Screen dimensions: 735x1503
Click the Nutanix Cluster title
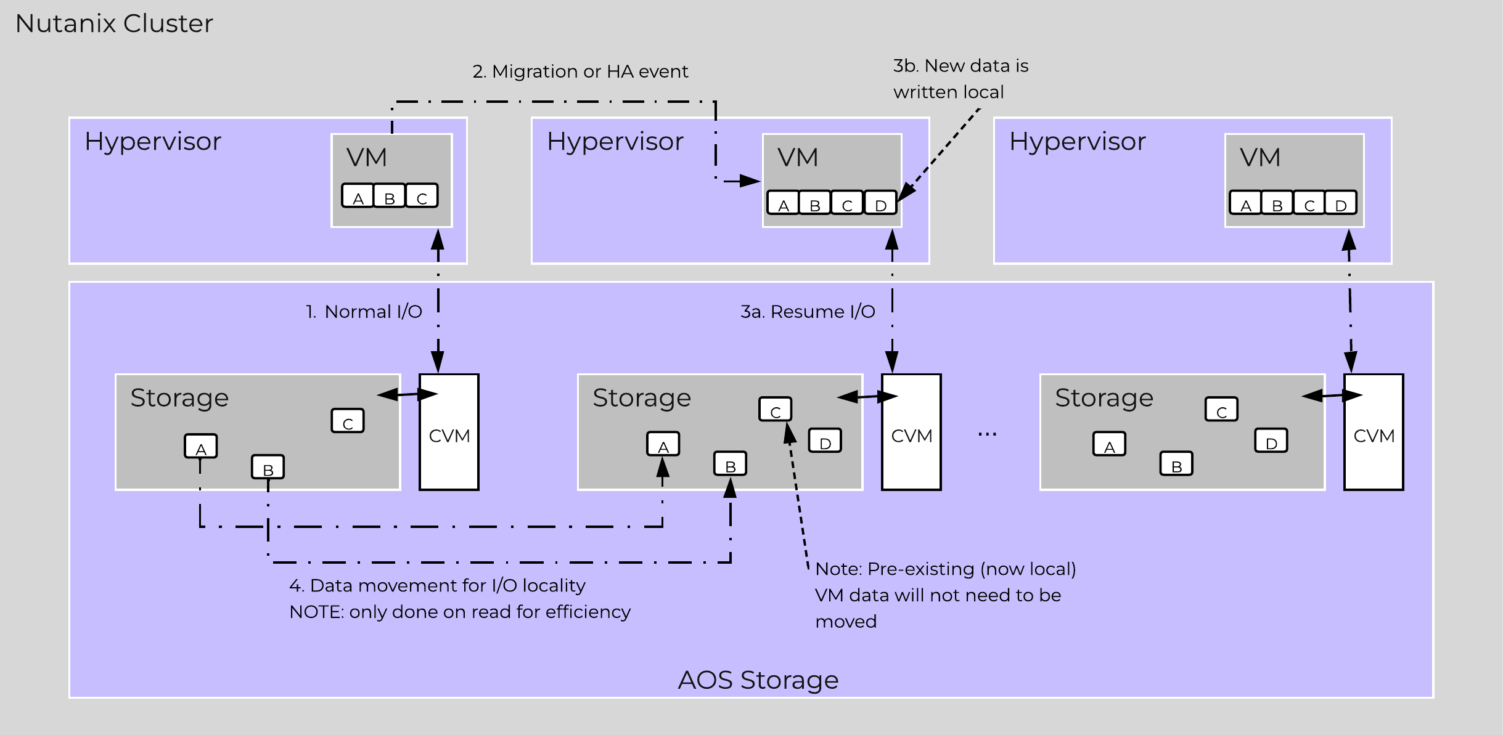point(114,23)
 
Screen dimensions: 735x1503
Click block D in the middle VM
point(880,203)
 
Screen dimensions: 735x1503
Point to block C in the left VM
point(422,196)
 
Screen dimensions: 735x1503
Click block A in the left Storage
point(201,447)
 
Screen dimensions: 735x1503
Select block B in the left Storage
point(268,467)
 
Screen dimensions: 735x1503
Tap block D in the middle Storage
point(825,441)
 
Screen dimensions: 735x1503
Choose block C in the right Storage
point(1221,410)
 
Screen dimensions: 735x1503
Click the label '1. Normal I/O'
point(364,312)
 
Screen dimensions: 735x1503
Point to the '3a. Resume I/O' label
point(808,312)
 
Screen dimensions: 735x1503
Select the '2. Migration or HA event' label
point(580,71)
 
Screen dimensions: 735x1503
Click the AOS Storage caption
point(758,680)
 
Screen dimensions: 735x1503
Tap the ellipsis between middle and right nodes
point(987,434)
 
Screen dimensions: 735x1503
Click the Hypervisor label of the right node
point(1077,142)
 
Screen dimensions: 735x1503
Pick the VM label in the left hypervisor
point(367,158)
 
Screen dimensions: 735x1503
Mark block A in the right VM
point(1245,203)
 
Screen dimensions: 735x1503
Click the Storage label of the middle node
point(642,398)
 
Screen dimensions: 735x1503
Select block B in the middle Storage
point(731,464)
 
